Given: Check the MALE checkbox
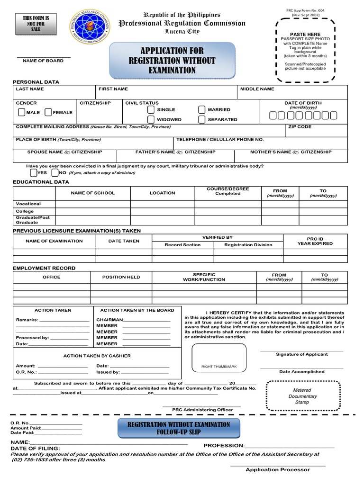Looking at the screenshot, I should pos(22,112).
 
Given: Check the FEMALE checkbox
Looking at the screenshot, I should pos(48,112).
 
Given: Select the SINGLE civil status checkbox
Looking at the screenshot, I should pos(151,109).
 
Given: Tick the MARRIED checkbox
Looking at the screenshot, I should pos(202,109).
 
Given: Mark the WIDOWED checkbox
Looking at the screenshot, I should pos(151,119).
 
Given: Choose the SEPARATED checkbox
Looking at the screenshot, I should pos(202,119).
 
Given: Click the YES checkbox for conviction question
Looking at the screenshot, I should pos(33,172).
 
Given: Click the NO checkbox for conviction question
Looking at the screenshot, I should pos(55,172).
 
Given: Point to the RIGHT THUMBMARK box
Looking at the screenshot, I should pos(219,358).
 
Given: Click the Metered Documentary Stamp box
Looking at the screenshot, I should pos(302,396).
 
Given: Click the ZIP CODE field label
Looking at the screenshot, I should pos(300,127).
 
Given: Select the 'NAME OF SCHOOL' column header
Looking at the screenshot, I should pos(93,193).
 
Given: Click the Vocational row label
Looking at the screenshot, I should pos(28,204).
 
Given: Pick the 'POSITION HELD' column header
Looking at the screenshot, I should pos(121,277).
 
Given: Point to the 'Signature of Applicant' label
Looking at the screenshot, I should pos(302,354).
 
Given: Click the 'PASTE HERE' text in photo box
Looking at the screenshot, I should pos(305,34).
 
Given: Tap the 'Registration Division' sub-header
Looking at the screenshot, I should pos(248,245).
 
